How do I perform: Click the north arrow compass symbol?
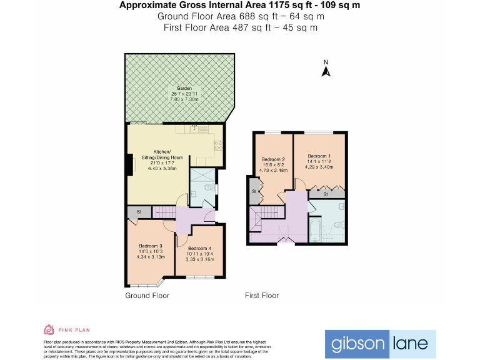click(326, 69)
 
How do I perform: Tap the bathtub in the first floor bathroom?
click(315, 231)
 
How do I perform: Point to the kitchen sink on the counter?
click(195, 129)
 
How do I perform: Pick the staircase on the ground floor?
click(164, 212)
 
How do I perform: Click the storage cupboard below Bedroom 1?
click(327, 195)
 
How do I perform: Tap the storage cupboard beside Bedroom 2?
click(255, 191)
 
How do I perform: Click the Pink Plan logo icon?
click(48, 329)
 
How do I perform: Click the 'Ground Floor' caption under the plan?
click(147, 296)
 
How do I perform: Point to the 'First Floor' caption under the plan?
click(261, 296)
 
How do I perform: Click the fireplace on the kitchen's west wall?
click(129, 164)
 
